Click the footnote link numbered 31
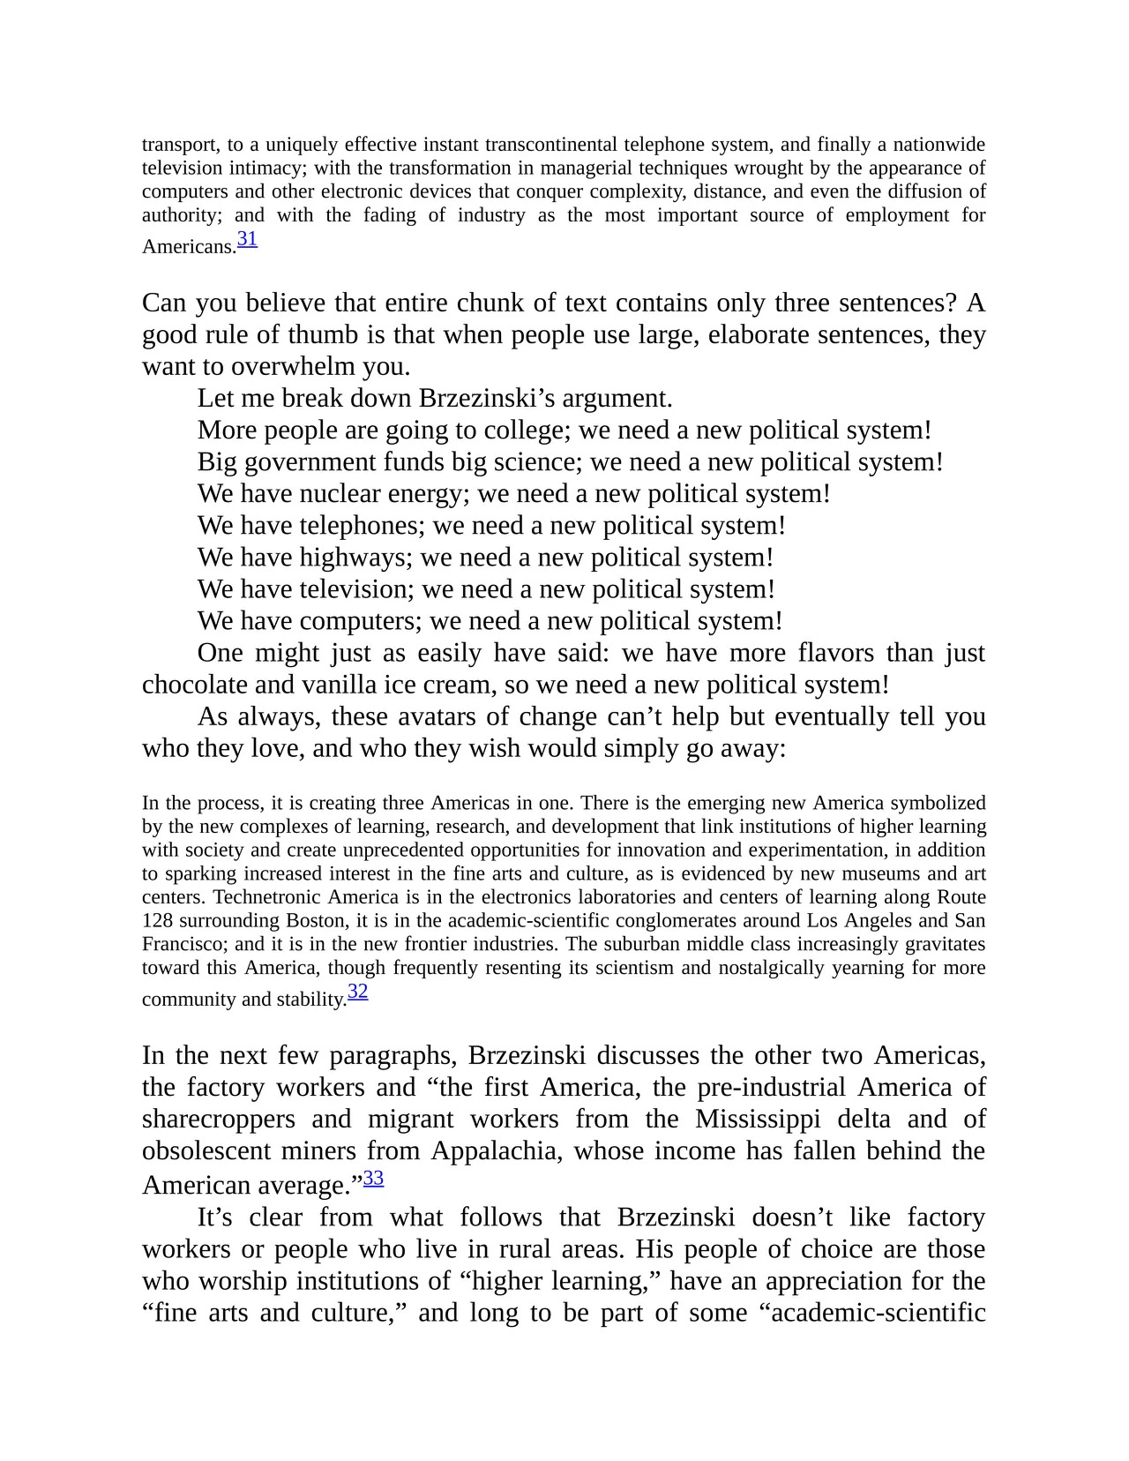pos(247,239)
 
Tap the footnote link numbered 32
pos(357,992)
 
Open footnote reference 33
pos(373,1178)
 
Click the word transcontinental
pos(551,145)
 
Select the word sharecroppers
pos(218,1120)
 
